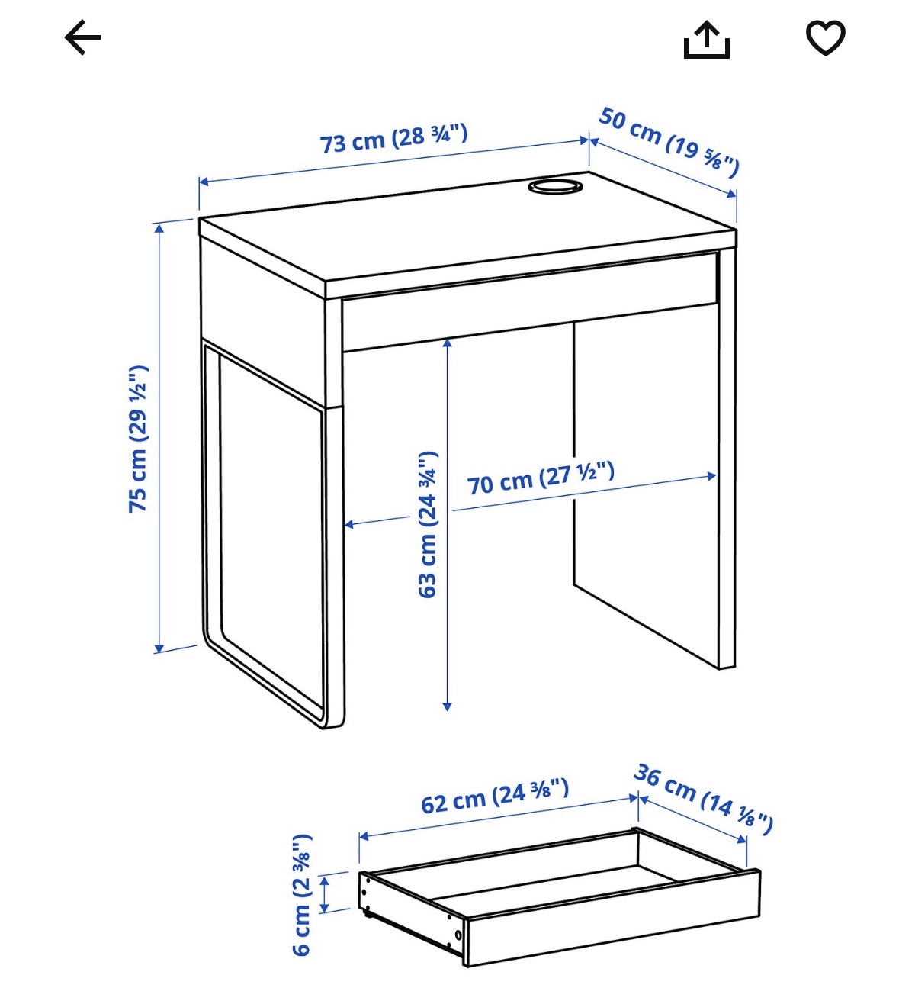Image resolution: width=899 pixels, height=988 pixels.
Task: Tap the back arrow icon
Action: coord(82,37)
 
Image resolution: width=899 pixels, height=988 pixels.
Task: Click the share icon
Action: coord(707,40)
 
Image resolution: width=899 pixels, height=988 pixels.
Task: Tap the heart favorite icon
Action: coord(825,37)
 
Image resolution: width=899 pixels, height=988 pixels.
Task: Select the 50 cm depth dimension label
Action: coord(669,141)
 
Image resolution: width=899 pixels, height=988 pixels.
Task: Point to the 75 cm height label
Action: coord(138,439)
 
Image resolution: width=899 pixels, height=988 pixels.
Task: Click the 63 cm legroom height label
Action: coord(427,525)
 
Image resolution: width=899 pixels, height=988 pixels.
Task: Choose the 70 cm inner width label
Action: coord(541,478)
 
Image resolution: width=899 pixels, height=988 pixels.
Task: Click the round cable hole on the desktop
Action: coord(555,187)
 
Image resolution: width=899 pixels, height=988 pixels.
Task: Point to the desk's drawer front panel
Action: coord(529,301)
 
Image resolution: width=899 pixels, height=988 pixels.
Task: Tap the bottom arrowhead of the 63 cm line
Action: coord(447,706)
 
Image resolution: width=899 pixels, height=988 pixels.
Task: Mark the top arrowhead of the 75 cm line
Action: coord(159,229)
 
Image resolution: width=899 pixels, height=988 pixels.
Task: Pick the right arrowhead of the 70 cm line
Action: coord(711,476)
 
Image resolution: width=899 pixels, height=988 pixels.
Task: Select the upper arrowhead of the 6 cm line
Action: coord(324,880)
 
